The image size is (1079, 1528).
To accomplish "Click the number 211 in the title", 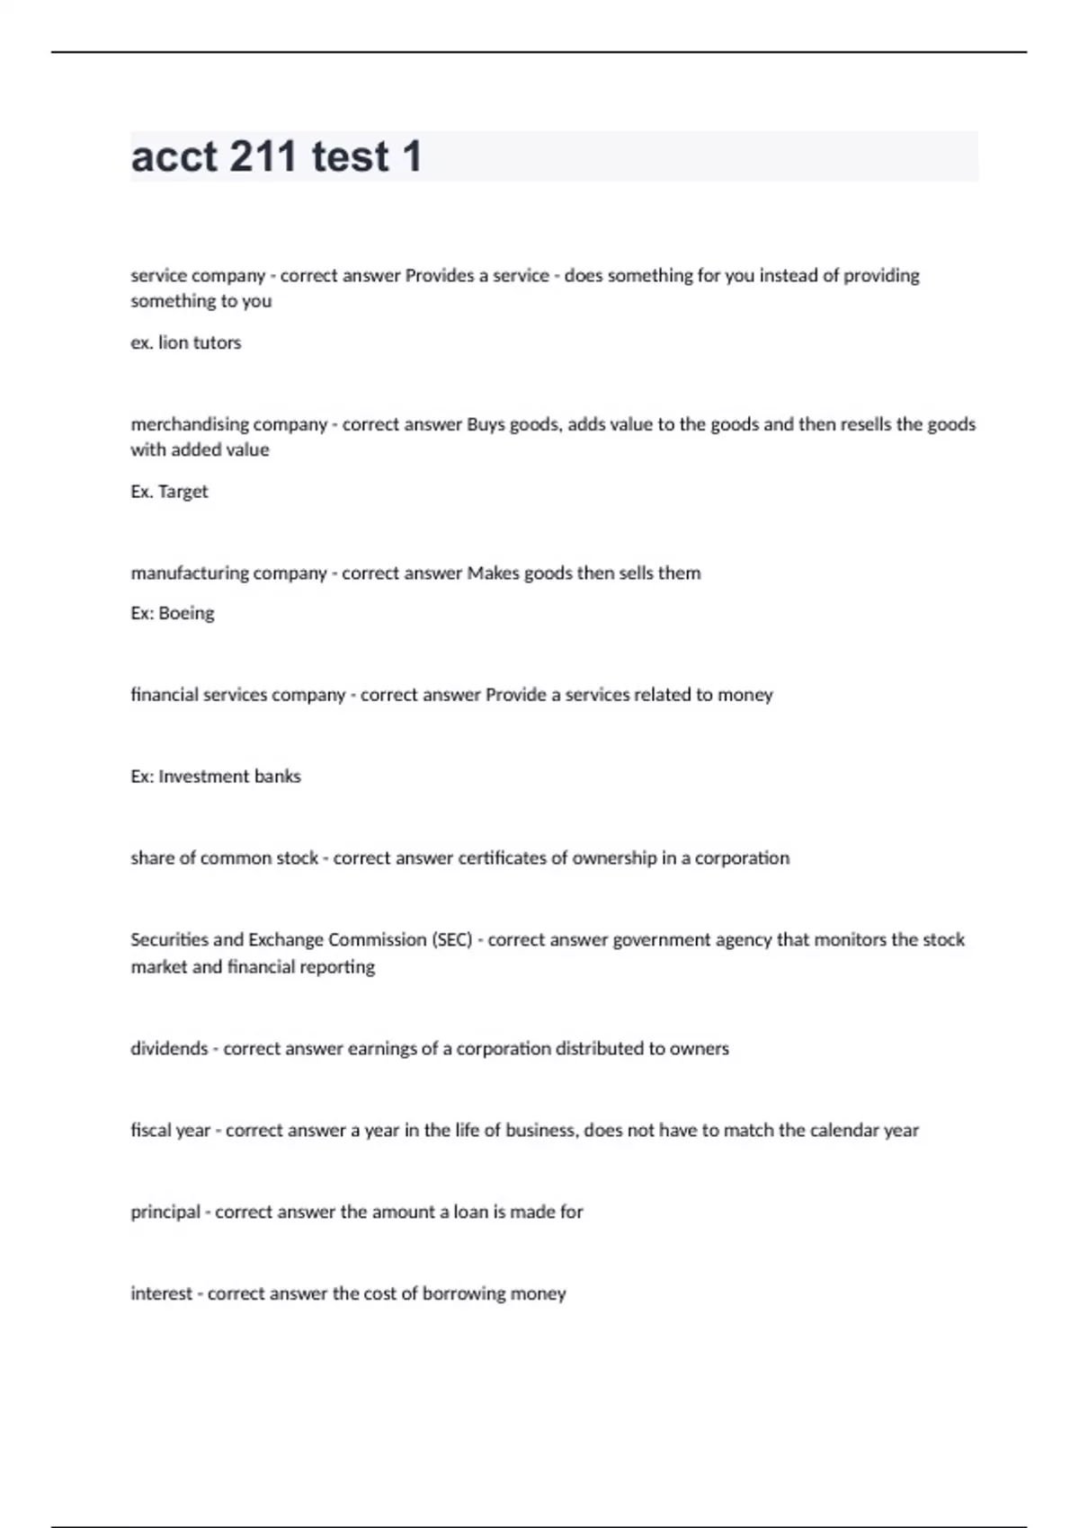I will coord(263,156).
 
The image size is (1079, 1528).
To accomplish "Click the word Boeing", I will coord(186,613).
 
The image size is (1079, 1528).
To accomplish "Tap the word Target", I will coord(183,492).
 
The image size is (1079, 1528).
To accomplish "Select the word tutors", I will coord(217,342).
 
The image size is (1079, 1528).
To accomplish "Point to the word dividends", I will coord(169,1048).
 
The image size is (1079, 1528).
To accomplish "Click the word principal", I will coord(165,1212).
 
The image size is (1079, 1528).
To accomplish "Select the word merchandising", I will coord(184,424).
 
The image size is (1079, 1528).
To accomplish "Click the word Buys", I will coord(486,424).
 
